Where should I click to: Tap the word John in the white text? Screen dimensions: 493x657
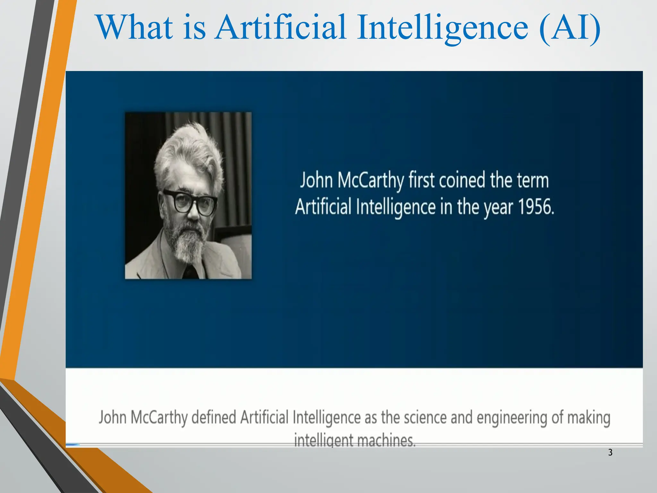(316, 180)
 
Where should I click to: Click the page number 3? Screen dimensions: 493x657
(610, 453)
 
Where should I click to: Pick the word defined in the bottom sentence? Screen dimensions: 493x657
(214, 418)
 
